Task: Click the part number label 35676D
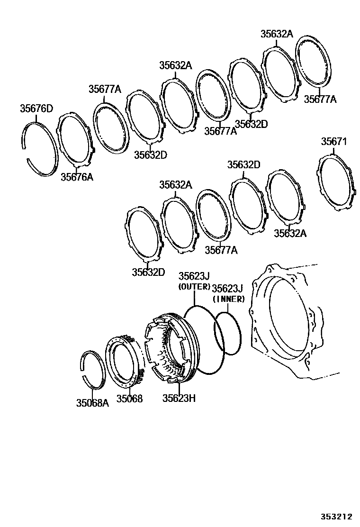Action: (36, 109)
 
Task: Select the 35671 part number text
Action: (334, 142)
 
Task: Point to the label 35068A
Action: (92, 403)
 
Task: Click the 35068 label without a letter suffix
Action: (130, 399)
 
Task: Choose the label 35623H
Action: (179, 398)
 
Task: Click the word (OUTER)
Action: (194, 287)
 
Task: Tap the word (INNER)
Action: (228, 299)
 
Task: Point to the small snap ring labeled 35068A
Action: (81, 365)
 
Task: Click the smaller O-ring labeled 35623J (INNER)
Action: (216, 332)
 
